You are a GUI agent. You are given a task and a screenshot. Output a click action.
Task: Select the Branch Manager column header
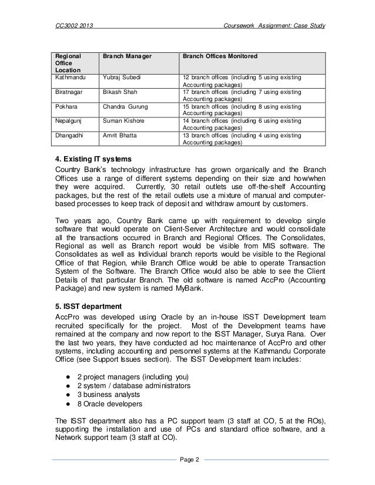pyautogui.click(x=127, y=56)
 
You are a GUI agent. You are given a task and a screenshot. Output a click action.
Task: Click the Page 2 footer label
pyautogui.click(x=187, y=459)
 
